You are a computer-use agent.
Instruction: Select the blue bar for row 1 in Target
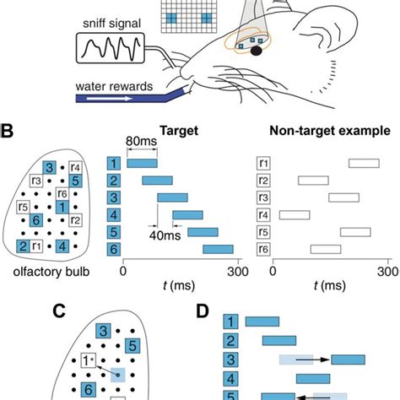pyautogui.click(x=141, y=163)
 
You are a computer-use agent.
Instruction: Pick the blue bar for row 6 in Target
pyautogui.click(x=218, y=249)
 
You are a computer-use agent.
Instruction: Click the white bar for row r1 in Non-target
pyautogui.click(x=364, y=163)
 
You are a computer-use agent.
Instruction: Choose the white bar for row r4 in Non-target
pyautogui.click(x=295, y=214)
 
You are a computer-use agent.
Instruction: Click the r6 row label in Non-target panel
pyautogui.click(x=263, y=249)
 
